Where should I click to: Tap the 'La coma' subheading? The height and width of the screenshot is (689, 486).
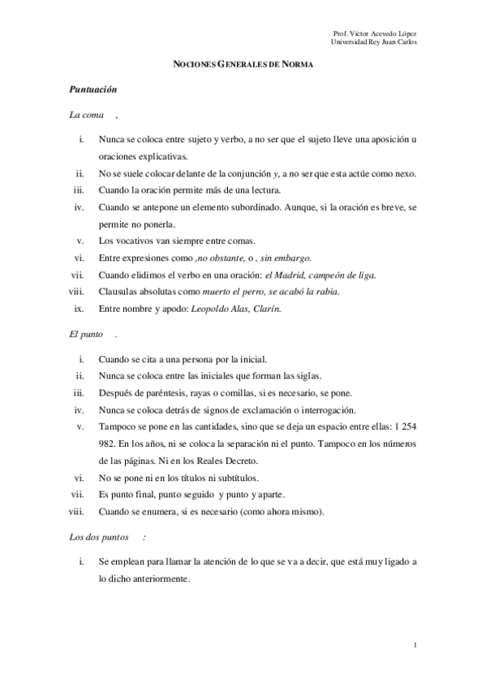(86, 115)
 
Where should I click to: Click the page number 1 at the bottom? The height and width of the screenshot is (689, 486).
(415, 645)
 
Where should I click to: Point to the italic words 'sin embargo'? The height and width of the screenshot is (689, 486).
(285, 258)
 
